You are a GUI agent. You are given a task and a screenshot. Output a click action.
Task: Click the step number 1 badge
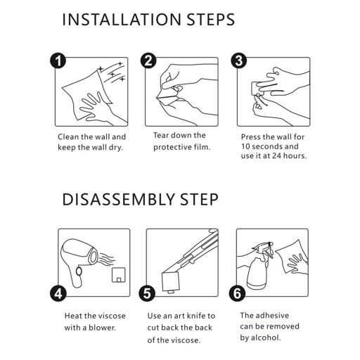[x=58, y=61]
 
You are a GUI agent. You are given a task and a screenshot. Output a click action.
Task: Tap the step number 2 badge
[x=148, y=60]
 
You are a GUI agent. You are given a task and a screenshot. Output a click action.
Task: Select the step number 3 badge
[x=239, y=60]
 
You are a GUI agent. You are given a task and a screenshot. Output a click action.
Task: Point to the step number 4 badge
[x=58, y=293]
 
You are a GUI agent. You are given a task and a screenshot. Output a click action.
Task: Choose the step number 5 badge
[x=147, y=293]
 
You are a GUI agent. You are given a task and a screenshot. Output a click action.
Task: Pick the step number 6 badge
[x=237, y=293]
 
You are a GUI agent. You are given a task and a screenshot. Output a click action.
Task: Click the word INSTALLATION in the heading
[x=122, y=19]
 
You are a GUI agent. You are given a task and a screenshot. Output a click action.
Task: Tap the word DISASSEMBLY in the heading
[x=118, y=200]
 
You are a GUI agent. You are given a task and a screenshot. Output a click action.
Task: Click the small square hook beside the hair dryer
[x=119, y=274]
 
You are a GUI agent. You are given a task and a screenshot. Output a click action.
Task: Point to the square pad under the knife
[x=171, y=282]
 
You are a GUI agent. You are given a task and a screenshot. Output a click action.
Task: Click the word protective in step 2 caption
[x=169, y=147]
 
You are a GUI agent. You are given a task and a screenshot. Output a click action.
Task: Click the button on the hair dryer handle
[x=79, y=271]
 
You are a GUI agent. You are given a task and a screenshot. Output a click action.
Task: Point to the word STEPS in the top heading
[x=211, y=19]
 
